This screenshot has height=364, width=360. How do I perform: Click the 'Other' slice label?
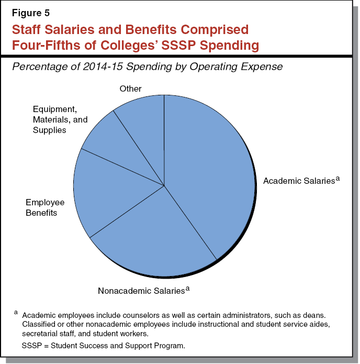130,89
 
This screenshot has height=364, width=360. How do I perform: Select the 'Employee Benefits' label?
45,207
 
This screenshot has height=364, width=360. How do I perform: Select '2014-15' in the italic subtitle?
101,67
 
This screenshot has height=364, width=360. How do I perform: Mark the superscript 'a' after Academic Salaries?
338,178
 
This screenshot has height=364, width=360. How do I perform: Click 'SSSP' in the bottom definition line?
32,346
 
